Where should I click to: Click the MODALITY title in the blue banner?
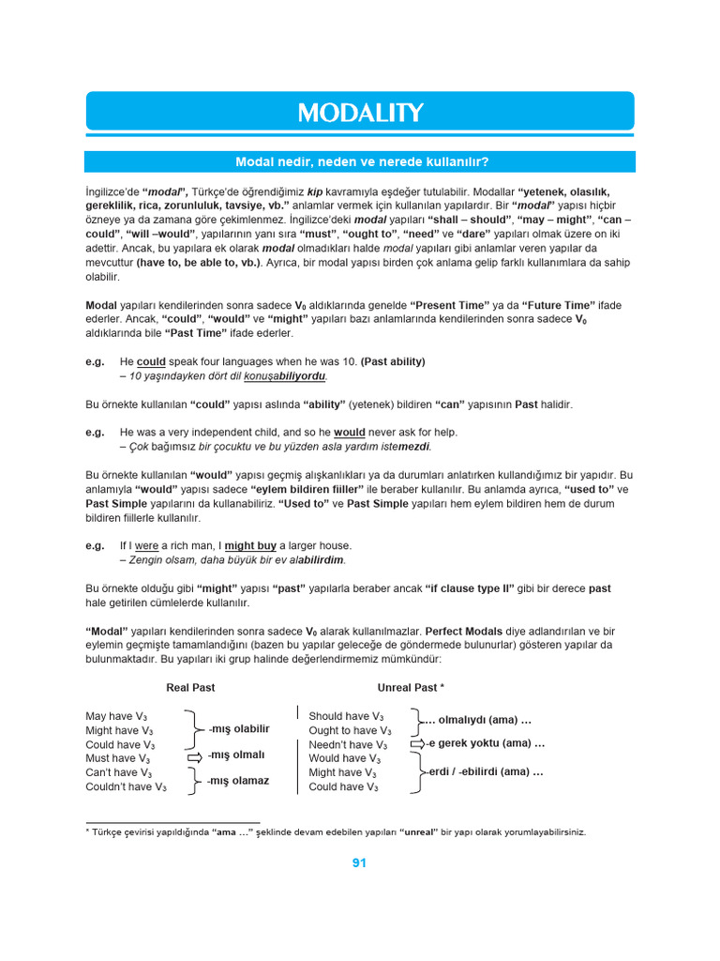[x=360, y=113]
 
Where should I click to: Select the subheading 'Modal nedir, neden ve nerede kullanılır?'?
[x=360, y=161]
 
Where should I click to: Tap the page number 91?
[x=359, y=863]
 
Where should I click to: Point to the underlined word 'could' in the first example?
[x=151, y=361]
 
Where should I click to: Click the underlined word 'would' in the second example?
[x=350, y=433]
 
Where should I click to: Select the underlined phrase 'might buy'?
[x=249, y=545]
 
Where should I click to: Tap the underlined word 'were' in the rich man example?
[x=147, y=545]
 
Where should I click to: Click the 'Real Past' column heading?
[x=190, y=688]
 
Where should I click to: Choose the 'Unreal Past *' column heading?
[x=411, y=688]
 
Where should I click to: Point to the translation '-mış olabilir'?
[x=238, y=729]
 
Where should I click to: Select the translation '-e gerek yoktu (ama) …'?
[x=486, y=743]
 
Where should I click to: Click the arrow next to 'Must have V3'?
[x=194, y=756]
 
